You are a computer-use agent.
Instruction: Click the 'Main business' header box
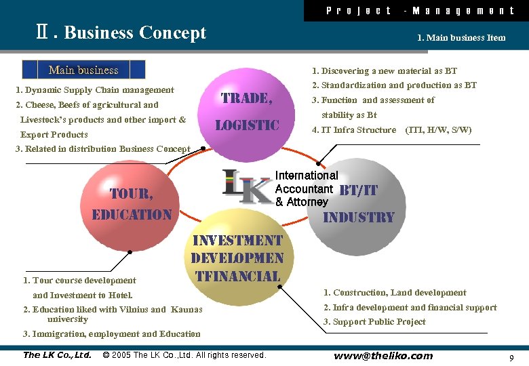coord(83,70)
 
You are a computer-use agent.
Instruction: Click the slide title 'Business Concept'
coord(134,33)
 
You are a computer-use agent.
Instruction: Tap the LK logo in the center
coord(247,186)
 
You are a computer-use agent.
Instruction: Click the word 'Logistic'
coord(247,125)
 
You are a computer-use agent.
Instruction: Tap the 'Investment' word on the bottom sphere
coord(237,241)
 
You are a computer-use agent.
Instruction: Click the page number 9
coord(511,357)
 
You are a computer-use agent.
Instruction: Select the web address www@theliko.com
coord(383,356)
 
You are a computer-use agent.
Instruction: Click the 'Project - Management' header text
coord(420,10)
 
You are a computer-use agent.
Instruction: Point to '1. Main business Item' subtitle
coord(461,38)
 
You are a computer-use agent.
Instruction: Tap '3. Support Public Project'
coord(374,322)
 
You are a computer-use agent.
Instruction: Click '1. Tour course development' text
coord(79,281)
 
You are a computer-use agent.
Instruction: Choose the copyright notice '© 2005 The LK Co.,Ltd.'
coord(184,355)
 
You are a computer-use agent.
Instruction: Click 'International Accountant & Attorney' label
coord(305,188)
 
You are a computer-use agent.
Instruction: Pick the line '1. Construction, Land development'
coord(395,293)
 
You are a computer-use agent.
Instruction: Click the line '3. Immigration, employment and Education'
coord(112,334)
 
